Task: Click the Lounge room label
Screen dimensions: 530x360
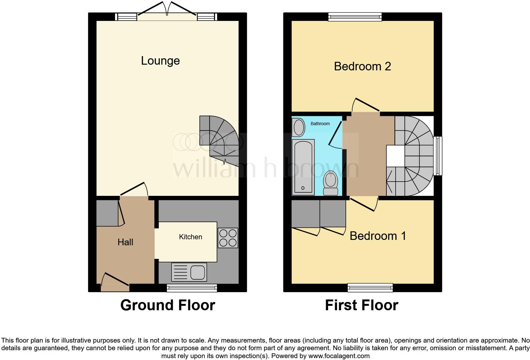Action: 160,61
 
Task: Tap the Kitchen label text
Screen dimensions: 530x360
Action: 191,237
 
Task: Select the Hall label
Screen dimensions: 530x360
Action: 125,242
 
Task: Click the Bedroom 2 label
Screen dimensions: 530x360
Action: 362,66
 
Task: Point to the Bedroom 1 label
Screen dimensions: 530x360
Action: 378,236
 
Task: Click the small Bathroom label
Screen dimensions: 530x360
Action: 320,124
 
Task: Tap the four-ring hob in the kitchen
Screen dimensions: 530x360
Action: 228,238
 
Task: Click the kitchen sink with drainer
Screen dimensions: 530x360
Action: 189,272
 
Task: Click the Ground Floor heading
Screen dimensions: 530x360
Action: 168,305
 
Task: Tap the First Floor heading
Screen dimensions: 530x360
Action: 361,305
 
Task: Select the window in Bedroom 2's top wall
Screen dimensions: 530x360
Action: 355,16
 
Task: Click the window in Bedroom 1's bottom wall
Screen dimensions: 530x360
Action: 370,288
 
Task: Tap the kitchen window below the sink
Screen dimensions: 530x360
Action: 192,288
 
